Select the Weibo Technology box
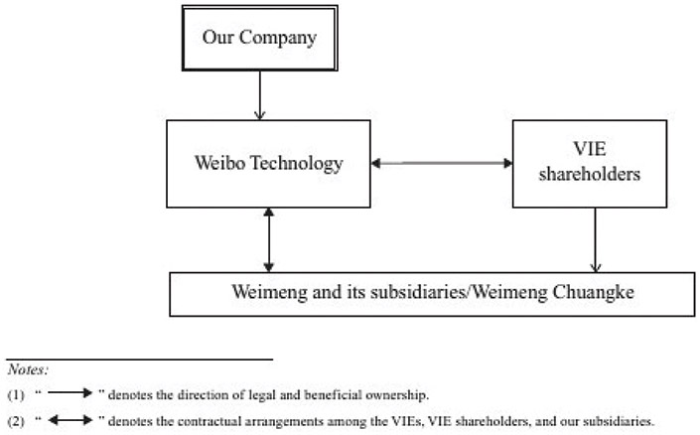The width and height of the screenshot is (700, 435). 268,163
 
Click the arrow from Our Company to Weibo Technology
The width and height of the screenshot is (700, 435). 259,97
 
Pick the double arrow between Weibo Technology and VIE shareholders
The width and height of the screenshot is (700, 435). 440,162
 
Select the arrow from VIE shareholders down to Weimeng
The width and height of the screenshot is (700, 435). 595,238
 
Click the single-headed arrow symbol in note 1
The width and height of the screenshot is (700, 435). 70,394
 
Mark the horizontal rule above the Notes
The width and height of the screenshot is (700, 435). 138,358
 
